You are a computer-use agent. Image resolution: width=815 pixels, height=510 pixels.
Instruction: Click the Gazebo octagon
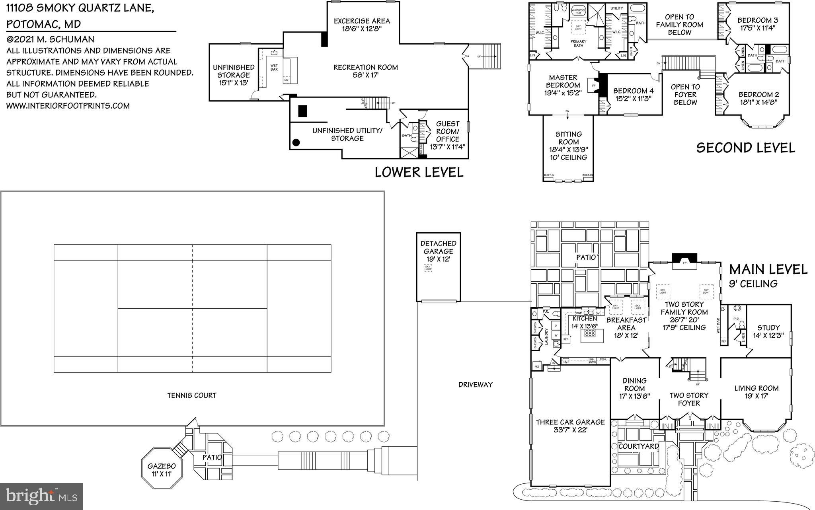(x=162, y=469)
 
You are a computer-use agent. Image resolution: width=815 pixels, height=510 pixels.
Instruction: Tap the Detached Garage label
(x=438, y=247)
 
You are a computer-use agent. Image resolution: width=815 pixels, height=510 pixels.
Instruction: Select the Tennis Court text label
(x=192, y=395)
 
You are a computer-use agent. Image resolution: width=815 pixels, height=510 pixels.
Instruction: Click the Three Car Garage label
(x=570, y=422)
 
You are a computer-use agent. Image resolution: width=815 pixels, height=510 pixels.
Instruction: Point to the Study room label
(x=768, y=328)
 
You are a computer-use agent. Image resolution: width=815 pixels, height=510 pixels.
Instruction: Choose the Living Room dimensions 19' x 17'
(x=757, y=396)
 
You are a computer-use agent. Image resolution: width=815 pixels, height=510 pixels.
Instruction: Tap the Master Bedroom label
(x=563, y=82)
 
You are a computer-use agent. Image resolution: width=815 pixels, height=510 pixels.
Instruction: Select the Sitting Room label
(x=569, y=138)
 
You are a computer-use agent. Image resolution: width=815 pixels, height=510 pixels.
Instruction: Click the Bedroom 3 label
(x=758, y=20)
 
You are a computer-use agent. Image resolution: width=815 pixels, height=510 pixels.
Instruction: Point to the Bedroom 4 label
(x=633, y=91)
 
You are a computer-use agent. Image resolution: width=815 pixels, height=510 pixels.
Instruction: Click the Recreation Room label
(x=365, y=67)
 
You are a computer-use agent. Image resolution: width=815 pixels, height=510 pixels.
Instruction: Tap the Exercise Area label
(x=361, y=21)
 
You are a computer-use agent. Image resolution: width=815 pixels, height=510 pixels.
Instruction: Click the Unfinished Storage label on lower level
(x=234, y=71)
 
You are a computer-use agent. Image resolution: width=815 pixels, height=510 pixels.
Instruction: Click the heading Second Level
(x=745, y=148)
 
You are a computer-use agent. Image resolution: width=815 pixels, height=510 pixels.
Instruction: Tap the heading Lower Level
(x=419, y=172)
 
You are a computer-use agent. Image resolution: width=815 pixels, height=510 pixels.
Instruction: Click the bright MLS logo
(x=41, y=496)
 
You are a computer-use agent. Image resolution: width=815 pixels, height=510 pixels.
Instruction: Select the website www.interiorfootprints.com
(x=68, y=106)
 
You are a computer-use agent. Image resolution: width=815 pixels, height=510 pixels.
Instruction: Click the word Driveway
(x=475, y=385)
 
